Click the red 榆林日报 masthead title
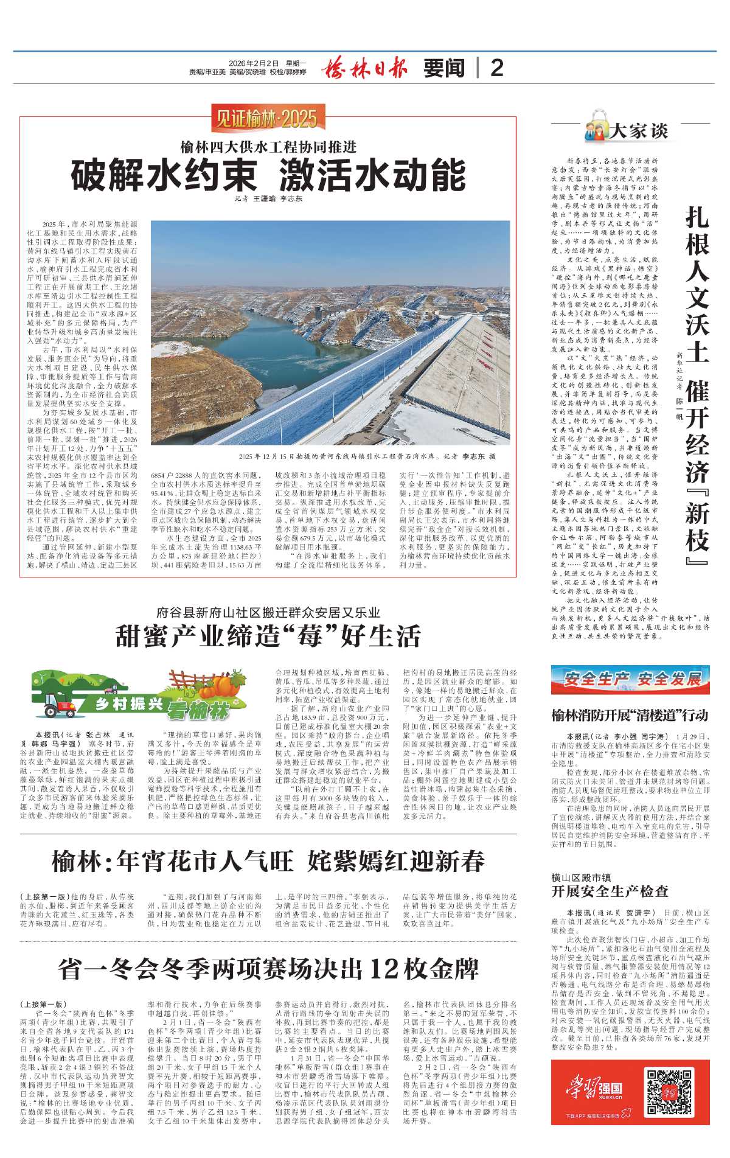pos(364,67)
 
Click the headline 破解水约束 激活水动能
pos(268,176)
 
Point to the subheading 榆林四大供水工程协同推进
pos(268,148)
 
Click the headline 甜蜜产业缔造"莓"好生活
pos(268,636)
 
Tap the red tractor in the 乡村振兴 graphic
pos(58,708)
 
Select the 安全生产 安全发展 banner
pos(631,680)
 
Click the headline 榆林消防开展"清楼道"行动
pos(630,716)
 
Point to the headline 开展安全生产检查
pos(610,891)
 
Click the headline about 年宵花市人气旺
pos(268,861)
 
